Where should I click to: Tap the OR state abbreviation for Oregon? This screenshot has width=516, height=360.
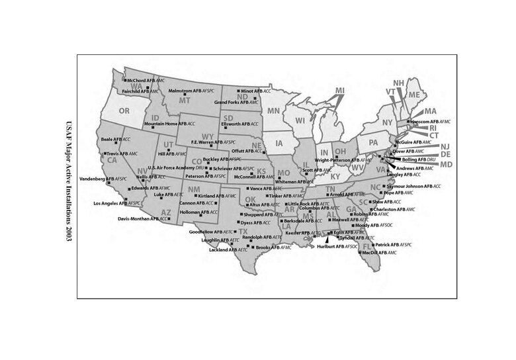pos(124,110)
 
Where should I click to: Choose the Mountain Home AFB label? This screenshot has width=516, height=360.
pos(170,124)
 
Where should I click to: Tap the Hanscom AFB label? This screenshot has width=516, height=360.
pos(430,122)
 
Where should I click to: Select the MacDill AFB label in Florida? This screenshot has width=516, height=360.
pos(379,253)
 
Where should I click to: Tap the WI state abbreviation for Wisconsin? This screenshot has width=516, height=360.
pos(300,120)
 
